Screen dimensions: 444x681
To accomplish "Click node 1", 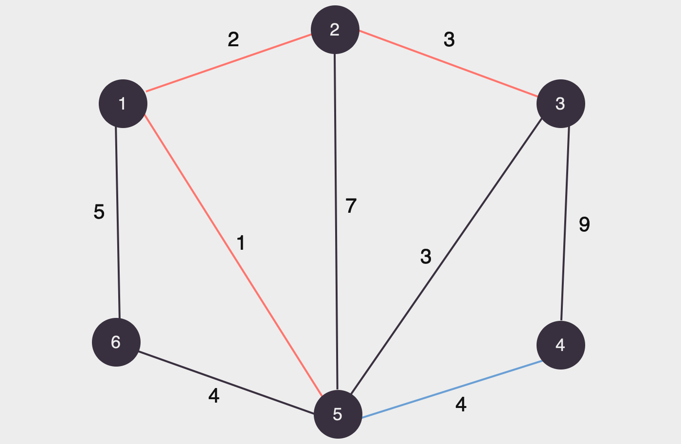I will pos(123,104).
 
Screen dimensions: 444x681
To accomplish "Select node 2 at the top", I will pos(335,30).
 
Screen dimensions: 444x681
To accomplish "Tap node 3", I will pos(560,104).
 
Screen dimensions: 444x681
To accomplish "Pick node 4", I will pos(560,345).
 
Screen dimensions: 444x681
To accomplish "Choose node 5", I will pos(338,414).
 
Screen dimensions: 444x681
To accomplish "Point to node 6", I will pos(116,342).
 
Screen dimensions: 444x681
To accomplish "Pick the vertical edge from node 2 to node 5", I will pos(336,219).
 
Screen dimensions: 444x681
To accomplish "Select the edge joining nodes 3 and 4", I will pos(565,224).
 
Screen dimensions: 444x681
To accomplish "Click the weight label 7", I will pos(351,206).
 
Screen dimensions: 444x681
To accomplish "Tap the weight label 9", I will pos(584,224).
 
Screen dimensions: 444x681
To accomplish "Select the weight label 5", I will pos(99,212).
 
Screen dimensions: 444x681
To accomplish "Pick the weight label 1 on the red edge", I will pos(241,242).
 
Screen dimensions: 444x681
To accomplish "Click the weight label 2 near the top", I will pos(233,39).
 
